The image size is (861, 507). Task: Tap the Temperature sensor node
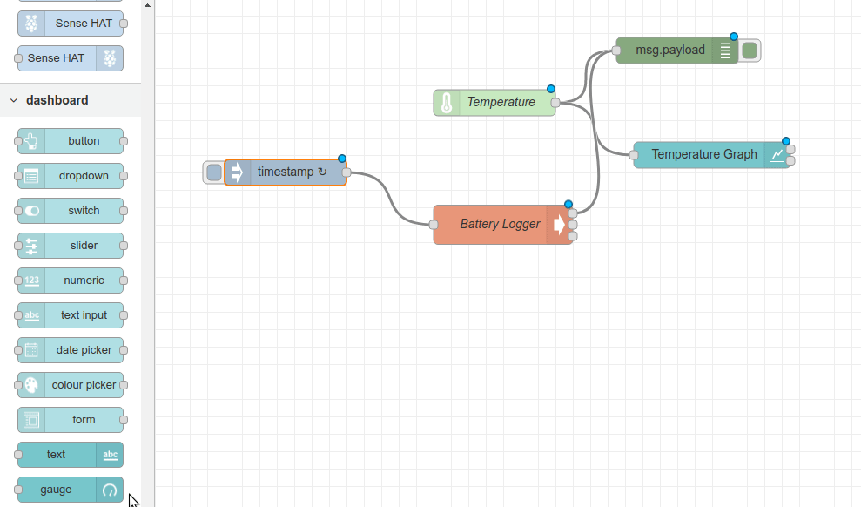click(501, 103)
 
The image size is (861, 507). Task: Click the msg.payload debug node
click(670, 51)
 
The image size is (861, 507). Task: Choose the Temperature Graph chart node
click(703, 155)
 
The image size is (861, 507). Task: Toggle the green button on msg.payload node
click(750, 51)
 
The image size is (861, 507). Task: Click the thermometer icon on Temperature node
click(447, 103)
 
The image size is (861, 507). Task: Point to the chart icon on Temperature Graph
click(777, 155)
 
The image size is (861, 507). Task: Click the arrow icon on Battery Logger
click(558, 225)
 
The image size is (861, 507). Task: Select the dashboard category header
click(57, 100)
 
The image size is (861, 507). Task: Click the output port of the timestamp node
click(346, 172)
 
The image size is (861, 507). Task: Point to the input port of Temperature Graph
click(634, 155)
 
